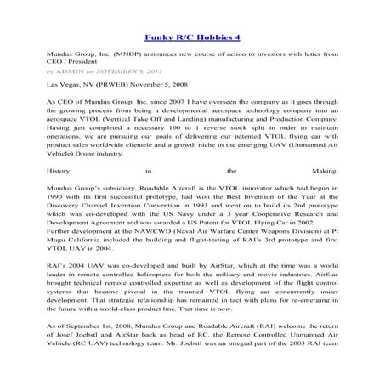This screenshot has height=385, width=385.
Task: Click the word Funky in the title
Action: coord(159,37)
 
